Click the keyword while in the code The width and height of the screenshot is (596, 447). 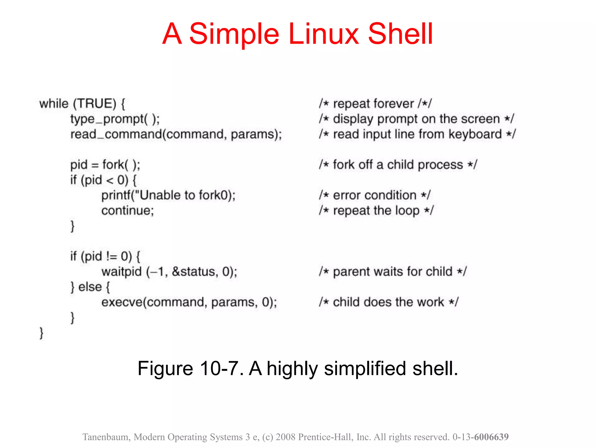54,104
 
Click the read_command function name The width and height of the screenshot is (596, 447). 116,134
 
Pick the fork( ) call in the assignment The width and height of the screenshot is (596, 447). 121,165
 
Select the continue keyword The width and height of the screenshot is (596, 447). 127,211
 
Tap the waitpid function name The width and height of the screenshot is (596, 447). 121,272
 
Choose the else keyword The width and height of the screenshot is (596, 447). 90,287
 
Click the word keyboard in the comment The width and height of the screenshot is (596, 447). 475,134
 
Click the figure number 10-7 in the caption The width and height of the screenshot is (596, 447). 219,369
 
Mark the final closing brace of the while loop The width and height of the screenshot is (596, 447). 41,333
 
